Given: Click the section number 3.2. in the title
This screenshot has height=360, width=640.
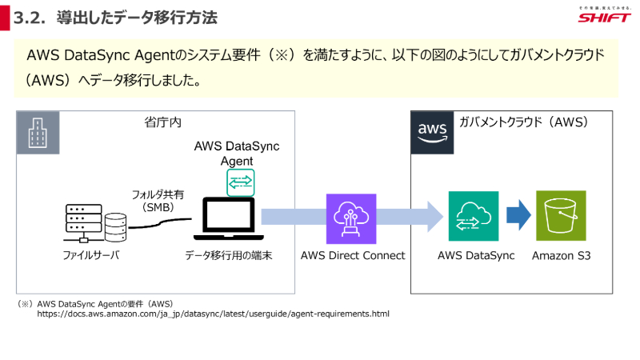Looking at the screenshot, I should pos(31,18).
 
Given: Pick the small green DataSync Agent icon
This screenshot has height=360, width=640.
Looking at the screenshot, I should pos(239,182).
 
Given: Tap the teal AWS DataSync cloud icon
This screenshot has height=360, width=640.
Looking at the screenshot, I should pos(473,216).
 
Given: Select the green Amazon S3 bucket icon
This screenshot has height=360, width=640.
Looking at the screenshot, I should pos(561,216).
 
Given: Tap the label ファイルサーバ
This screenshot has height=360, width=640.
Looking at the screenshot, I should pos(90,256).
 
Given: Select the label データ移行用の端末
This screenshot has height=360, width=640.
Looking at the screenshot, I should pos(228,256).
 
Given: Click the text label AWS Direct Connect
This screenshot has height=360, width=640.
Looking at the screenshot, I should pos(352,256).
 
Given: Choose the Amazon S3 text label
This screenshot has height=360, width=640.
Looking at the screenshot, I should pos(561,256).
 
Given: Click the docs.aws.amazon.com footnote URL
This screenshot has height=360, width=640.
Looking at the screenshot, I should pos(213,314).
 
